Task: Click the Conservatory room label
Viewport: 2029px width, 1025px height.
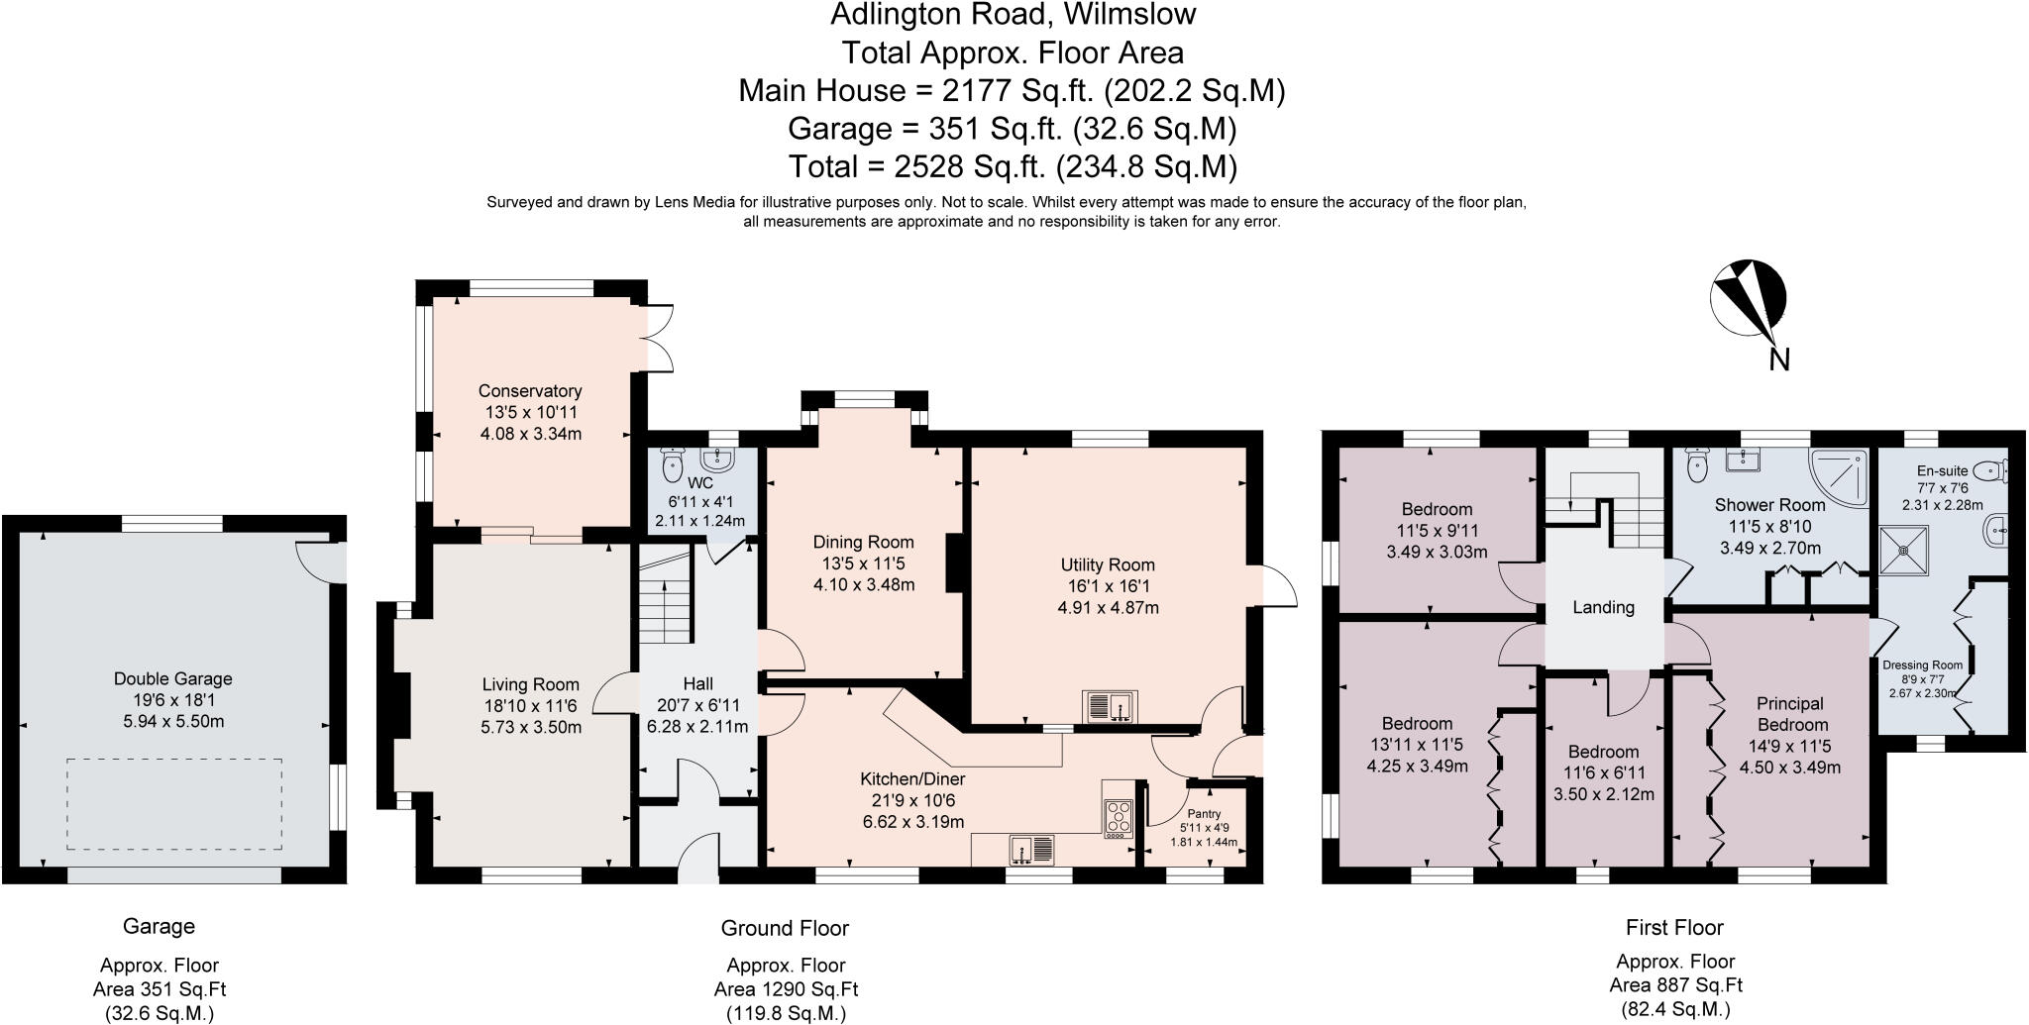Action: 530,391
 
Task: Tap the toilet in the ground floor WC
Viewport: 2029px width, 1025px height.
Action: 674,461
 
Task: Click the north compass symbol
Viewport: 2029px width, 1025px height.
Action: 1749,297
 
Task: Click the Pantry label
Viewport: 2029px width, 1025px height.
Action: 1204,813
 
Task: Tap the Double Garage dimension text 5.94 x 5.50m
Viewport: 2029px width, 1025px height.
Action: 173,721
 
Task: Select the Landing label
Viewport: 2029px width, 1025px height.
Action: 1603,607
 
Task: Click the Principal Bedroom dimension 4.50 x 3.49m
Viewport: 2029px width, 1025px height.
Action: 1790,767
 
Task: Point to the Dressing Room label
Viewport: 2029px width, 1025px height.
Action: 1922,666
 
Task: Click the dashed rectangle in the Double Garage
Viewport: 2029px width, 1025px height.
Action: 174,804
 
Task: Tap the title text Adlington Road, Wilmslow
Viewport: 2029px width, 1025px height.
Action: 1013,15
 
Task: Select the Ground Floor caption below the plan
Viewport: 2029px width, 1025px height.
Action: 785,928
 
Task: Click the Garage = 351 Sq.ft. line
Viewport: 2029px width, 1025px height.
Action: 1013,129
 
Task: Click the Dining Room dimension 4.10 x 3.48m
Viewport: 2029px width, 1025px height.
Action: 864,584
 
